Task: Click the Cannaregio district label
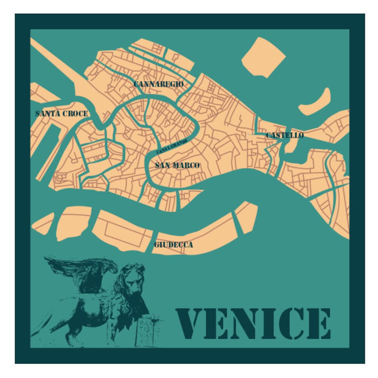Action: (x=159, y=84)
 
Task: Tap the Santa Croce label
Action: (x=62, y=114)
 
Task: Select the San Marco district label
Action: (x=177, y=166)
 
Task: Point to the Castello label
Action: (x=285, y=135)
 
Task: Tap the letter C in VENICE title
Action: (x=292, y=324)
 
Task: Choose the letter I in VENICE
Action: (x=269, y=324)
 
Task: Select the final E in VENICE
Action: (x=318, y=324)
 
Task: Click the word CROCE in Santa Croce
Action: (x=75, y=114)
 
